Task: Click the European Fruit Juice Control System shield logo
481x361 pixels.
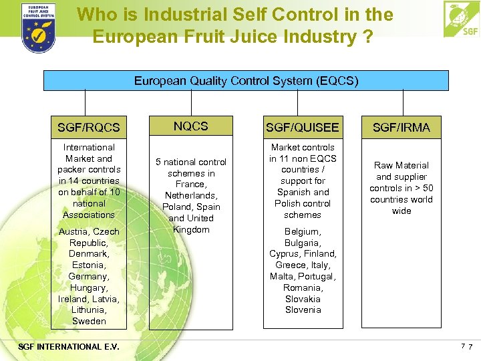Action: pos(38,28)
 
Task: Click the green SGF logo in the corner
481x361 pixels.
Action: pos(462,19)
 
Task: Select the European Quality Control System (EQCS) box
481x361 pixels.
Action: pos(246,81)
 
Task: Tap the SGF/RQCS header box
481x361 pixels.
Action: pos(89,127)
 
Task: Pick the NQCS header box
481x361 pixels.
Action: pos(191,126)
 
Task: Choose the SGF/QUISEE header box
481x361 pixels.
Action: pos(303,127)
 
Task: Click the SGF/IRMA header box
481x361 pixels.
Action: pos(401,127)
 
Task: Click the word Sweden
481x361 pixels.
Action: pos(89,322)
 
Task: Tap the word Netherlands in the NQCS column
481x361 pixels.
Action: pos(191,195)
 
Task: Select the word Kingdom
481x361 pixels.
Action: pos(191,229)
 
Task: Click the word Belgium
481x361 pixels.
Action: pos(302,231)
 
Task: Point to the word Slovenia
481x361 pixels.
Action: pos(303,310)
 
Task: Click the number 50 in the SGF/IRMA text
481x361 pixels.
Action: pos(428,188)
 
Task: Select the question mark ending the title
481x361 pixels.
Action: pos(367,37)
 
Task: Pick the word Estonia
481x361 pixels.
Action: pos(88,265)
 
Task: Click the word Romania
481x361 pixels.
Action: pos(303,287)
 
